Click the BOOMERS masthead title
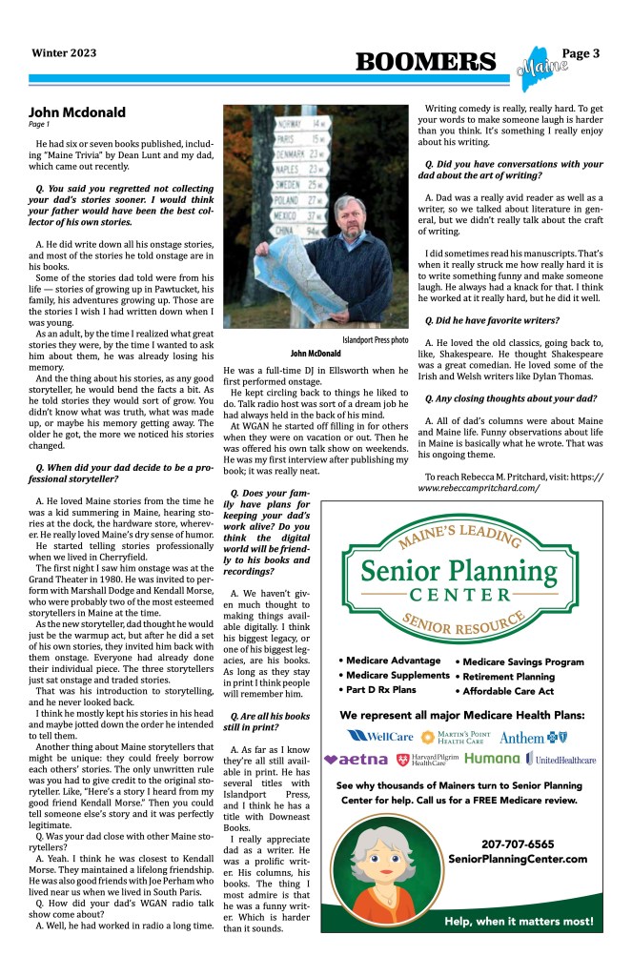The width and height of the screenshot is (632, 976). click(426, 62)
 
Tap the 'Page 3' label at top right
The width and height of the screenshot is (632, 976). click(581, 53)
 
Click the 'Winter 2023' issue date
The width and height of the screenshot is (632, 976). click(63, 53)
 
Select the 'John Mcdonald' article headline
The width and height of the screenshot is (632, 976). click(77, 112)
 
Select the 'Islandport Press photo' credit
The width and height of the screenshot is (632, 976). click(375, 340)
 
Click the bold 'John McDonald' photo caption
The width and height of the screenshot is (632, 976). click(316, 354)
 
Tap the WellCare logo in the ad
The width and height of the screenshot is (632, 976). click(380, 736)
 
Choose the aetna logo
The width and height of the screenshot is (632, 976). click(356, 760)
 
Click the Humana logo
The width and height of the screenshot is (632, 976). click(492, 760)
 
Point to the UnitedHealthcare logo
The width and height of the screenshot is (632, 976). click(561, 760)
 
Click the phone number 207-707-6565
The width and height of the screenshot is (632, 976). click(518, 844)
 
